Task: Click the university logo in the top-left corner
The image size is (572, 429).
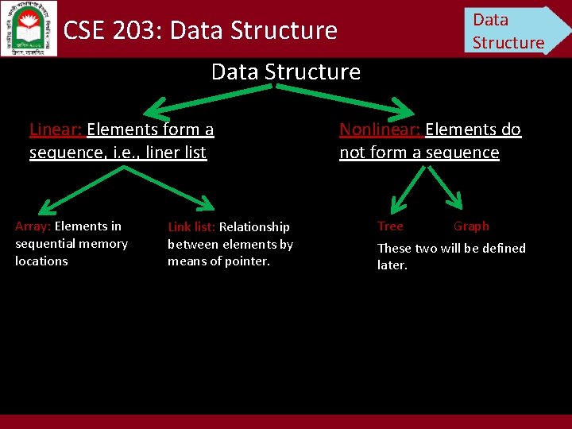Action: tap(30, 29)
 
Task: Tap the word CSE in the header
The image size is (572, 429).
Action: tap(82, 31)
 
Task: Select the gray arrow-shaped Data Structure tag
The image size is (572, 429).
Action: tap(514, 30)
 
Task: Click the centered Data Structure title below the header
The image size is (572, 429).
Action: tap(285, 72)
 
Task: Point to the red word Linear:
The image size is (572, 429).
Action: tap(56, 129)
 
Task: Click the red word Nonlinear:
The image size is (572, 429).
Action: tap(381, 129)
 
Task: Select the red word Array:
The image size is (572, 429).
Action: tap(33, 226)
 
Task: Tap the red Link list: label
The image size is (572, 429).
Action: tap(191, 227)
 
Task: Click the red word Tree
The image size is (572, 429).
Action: tap(390, 226)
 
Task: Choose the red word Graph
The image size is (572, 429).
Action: tap(471, 226)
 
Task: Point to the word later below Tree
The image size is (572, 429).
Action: tap(392, 265)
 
